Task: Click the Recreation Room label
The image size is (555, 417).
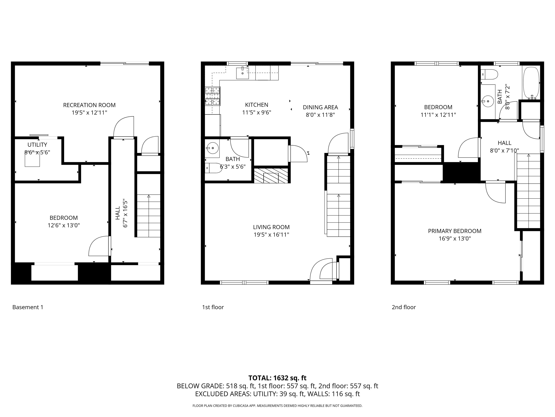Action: [x=89, y=105]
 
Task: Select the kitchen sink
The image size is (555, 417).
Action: [x=242, y=73]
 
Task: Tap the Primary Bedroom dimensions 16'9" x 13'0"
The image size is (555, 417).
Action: [x=455, y=239]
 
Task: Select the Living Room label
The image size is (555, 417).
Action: [x=271, y=227]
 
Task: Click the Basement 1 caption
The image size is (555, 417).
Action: [x=28, y=307]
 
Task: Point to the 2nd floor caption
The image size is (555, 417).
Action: [x=404, y=307]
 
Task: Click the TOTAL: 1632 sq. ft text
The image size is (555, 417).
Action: [x=277, y=378]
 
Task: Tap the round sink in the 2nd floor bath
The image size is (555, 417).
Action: [x=488, y=101]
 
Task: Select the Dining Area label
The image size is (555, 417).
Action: [x=320, y=107]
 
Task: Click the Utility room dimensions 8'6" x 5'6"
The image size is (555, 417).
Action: [x=37, y=152]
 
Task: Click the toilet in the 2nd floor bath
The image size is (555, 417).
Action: [x=489, y=74]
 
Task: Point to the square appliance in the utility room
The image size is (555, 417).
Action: [x=32, y=159]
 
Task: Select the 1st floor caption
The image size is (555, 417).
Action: [x=213, y=307]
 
